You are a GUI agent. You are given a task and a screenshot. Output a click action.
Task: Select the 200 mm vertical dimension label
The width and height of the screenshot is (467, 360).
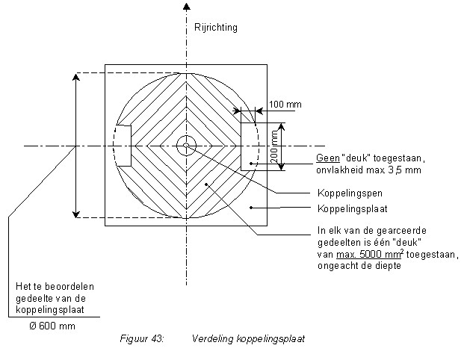(276, 146)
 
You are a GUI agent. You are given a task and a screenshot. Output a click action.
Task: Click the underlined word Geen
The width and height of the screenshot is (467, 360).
(327, 158)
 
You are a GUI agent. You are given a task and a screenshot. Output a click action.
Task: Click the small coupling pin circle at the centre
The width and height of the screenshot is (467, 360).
(185, 146)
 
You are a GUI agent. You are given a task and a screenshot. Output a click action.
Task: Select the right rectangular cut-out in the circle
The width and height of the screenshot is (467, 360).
(248, 146)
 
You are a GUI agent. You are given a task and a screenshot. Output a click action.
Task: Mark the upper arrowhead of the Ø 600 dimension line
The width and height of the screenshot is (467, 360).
(75, 77)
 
